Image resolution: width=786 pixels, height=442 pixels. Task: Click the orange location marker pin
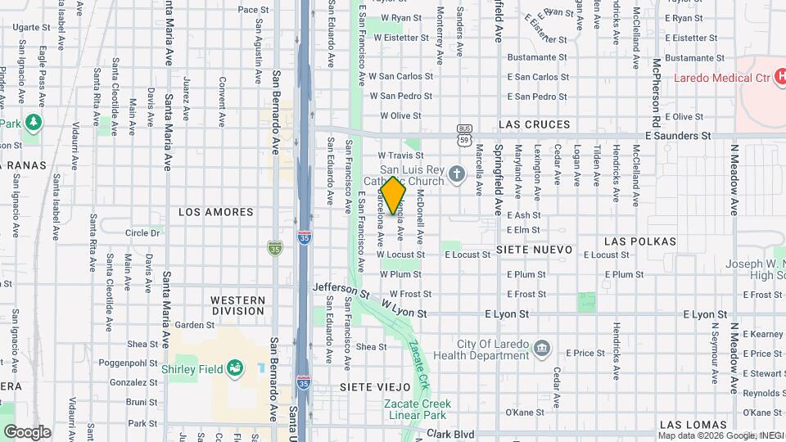tap(393, 196)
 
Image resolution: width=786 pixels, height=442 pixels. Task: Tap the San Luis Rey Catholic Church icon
tap(457, 173)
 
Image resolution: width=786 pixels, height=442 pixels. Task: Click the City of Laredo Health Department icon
tap(541, 350)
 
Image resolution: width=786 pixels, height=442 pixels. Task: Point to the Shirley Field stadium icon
tap(234, 368)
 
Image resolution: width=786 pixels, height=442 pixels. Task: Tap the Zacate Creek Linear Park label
tap(417, 409)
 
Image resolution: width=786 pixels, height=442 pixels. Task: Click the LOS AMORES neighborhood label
tap(216, 212)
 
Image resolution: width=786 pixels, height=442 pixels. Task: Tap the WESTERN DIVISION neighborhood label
tap(237, 305)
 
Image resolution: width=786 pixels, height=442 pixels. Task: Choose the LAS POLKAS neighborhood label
tap(640, 241)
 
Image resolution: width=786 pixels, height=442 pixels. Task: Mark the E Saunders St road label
tap(678, 136)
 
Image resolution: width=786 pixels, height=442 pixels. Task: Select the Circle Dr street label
tap(143, 233)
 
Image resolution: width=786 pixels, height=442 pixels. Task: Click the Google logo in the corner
tap(26, 431)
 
